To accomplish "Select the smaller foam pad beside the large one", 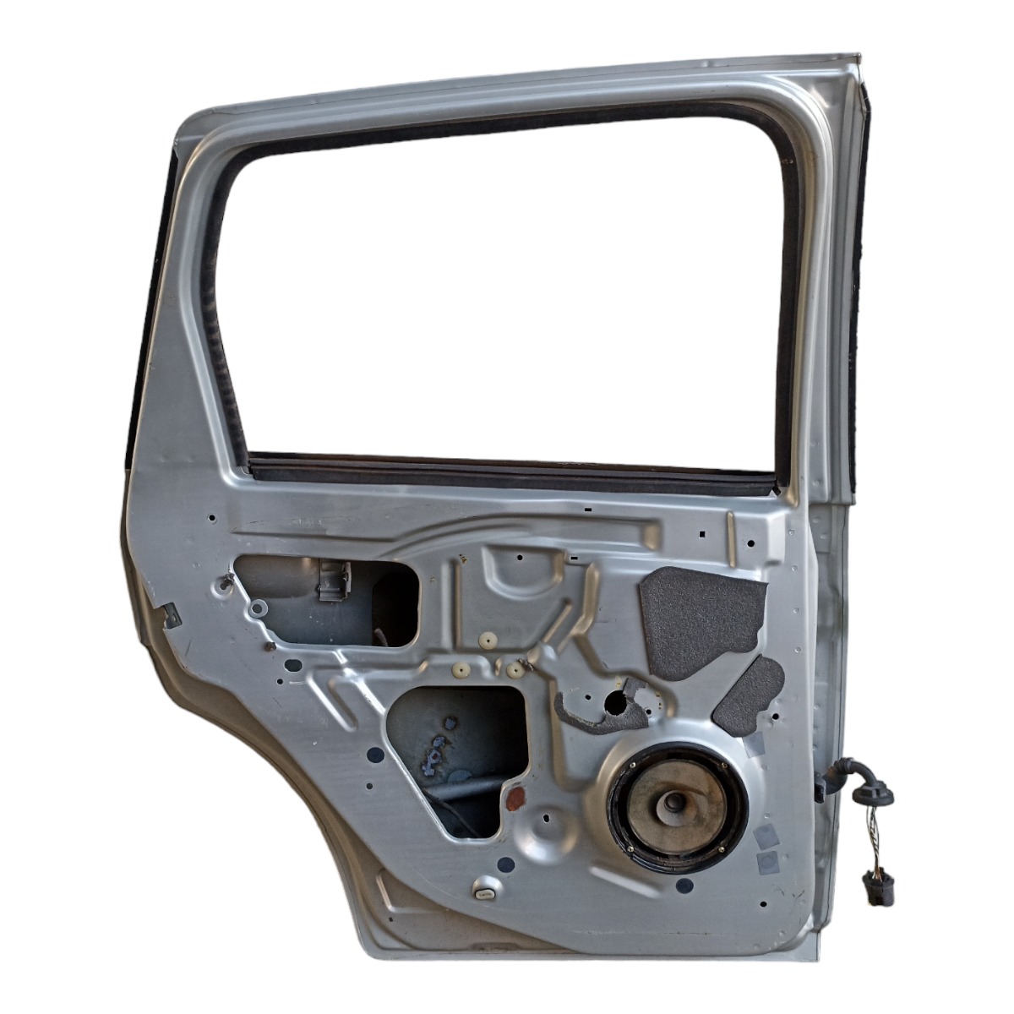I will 750,695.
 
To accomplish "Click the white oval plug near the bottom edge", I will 485,892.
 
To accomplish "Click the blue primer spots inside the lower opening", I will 438,748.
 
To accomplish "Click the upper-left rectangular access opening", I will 325,600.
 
